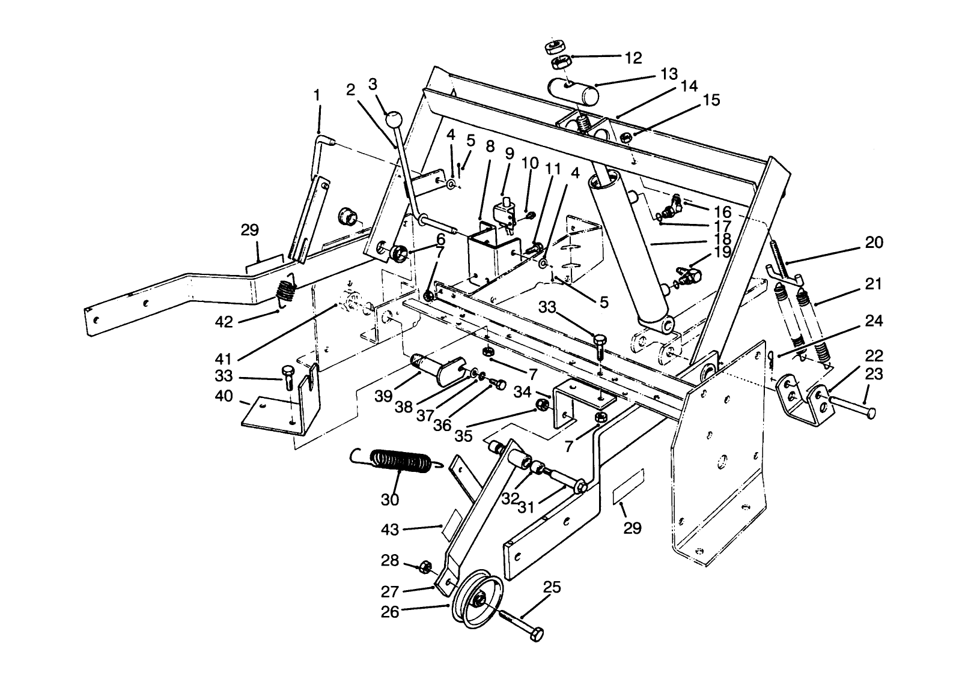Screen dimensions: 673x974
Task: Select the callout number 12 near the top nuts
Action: [x=633, y=58]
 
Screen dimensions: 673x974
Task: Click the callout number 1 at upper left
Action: [x=317, y=95]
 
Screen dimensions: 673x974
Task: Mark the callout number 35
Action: [x=463, y=435]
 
